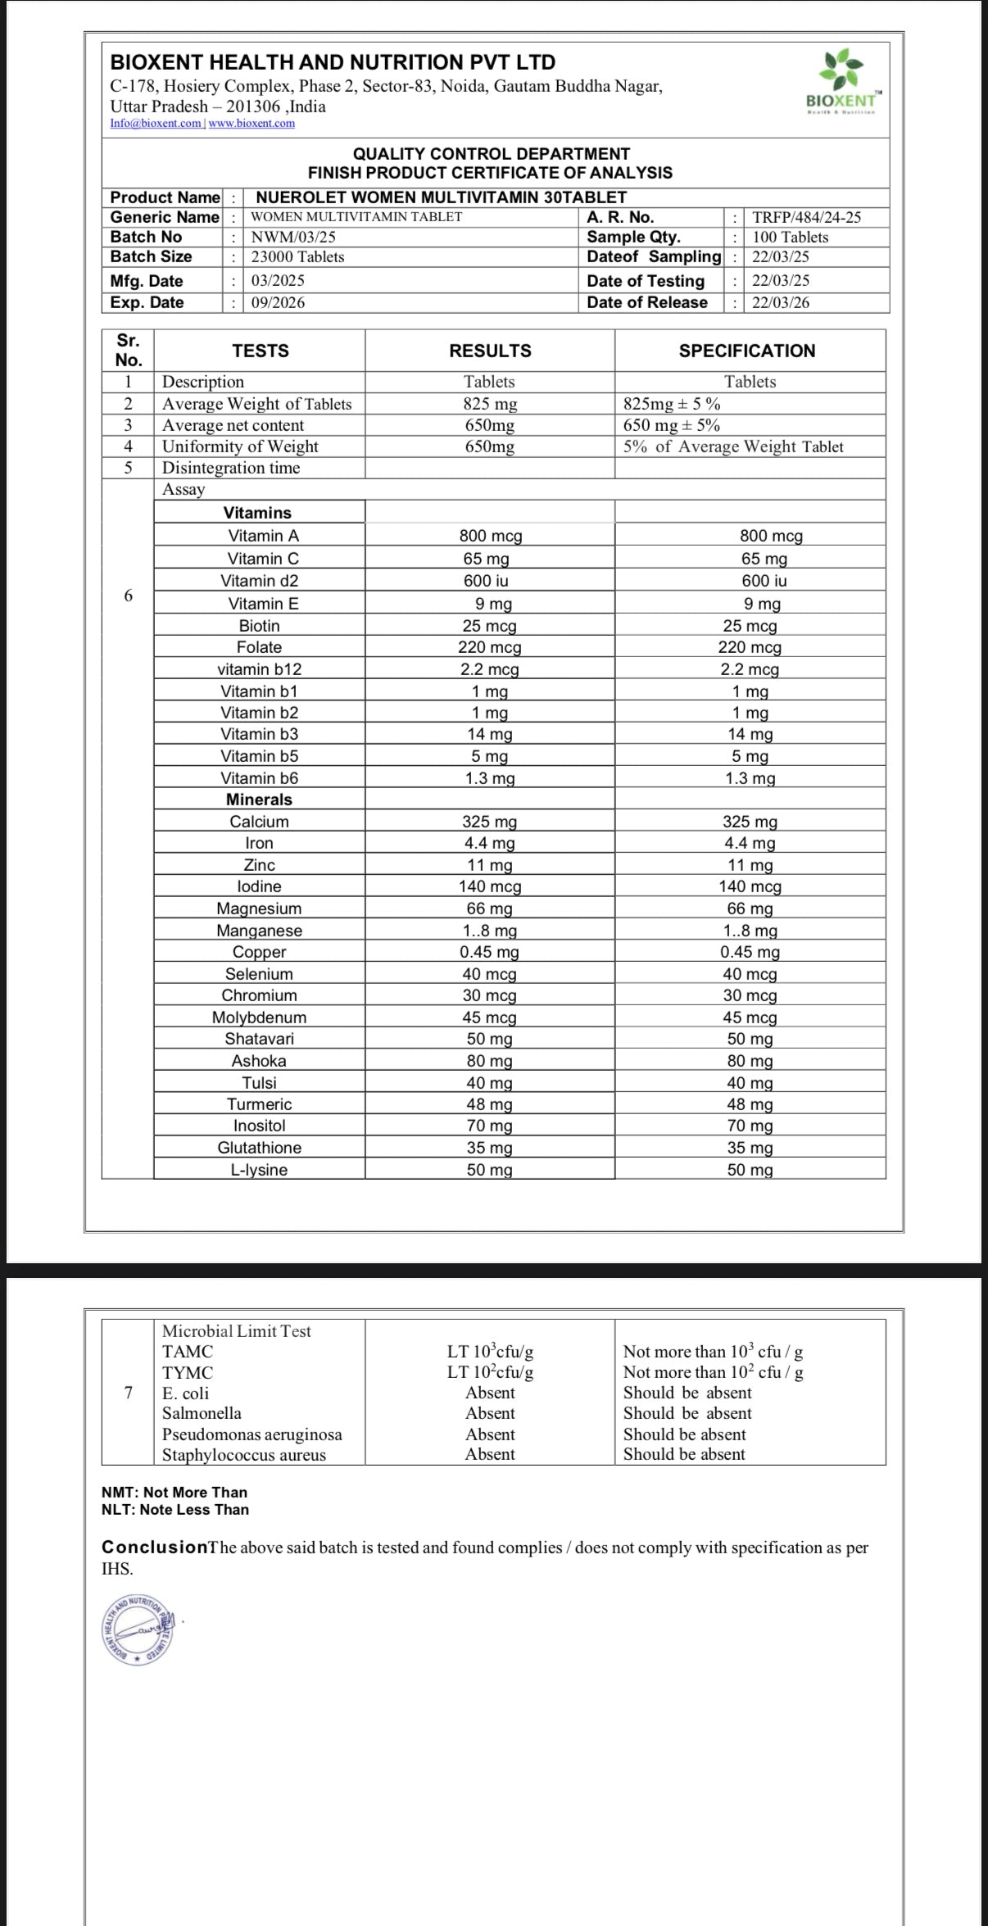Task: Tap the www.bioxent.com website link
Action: point(252,124)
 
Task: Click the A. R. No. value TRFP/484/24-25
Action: point(806,217)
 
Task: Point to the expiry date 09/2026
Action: point(278,302)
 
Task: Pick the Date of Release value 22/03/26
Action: point(781,302)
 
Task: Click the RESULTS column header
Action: point(490,351)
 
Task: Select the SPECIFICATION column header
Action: point(746,351)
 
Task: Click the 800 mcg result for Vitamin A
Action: point(490,536)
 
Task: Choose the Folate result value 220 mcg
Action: point(490,647)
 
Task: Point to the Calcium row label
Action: point(259,822)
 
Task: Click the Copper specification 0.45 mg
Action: point(750,952)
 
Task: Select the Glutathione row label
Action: point(259,1148)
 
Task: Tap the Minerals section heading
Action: point(259,800)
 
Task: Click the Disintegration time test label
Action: point(231,468)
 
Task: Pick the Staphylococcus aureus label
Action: point(243,1455)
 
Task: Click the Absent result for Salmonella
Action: point(490,1413)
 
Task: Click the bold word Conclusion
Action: point(154,1548)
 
